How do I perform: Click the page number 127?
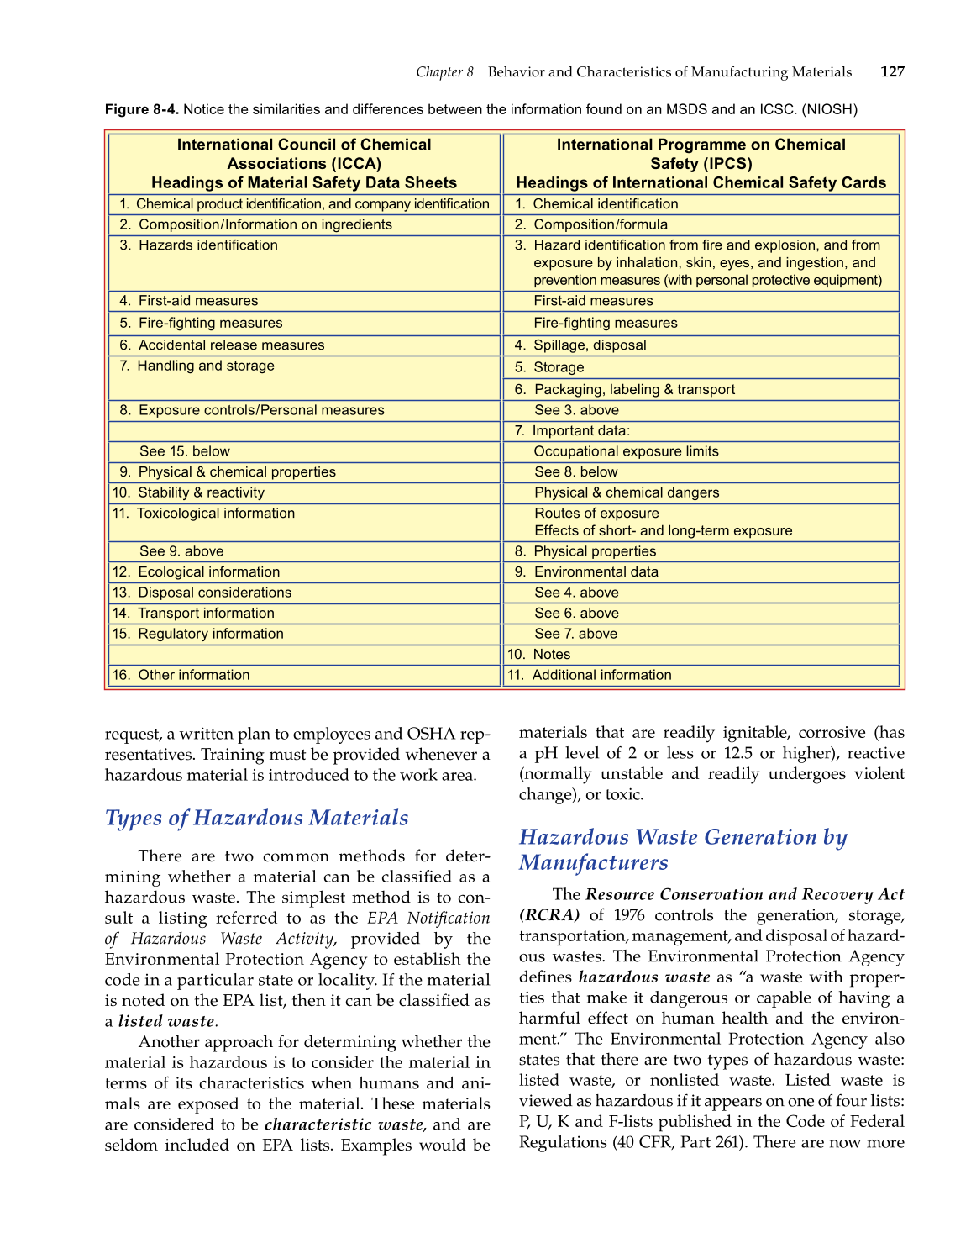tap(892, 72)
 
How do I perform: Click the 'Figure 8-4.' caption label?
tap(141, 109)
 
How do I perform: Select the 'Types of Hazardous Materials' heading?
tap(256, 818)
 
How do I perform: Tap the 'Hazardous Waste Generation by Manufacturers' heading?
tap(683, 850)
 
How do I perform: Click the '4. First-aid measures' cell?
tap(304, 301)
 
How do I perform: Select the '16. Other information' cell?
tap(304, 675)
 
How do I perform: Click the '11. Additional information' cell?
tap(701, 675)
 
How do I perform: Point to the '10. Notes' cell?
tap(701, 655)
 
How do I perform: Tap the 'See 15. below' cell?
tap(304, 451)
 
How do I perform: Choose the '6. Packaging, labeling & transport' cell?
tap(701, 389)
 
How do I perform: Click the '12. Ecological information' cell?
tap(304, 571)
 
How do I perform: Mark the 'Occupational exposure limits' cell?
tap(701, 451)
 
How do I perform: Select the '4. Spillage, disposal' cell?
tap(701, 345)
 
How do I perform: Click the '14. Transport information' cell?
tap(304, 614)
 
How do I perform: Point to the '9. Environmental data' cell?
tap(701, 571)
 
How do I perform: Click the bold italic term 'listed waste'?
tap(166, 1022)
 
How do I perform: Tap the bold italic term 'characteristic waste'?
tap(344, 1124)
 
